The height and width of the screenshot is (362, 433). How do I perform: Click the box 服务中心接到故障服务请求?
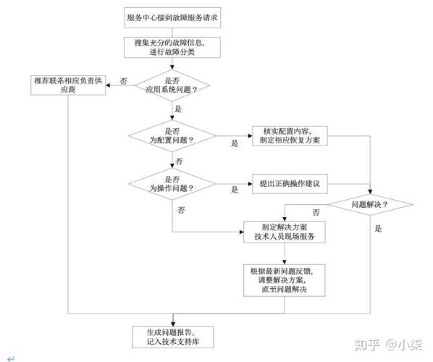click(x=172, y=17)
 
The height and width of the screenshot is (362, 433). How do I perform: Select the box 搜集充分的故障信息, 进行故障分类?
click(x=172, y=48)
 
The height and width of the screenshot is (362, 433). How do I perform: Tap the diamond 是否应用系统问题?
click(x=172, y=85)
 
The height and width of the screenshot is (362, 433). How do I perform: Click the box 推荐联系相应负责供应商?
click(x=68, y=85)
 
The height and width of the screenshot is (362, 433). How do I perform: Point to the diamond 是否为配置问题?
click(x=172, y=136)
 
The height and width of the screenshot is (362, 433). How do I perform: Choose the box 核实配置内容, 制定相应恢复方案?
click(x=290, y=136)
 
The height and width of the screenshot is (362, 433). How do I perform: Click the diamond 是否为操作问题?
click(x=172, y=184)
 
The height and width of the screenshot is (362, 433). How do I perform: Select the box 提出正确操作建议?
click(x=290, y=184)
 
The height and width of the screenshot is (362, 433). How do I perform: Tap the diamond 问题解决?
click(x=370, y=205)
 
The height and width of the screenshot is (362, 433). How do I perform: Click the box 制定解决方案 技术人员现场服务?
click(x=285, y=232)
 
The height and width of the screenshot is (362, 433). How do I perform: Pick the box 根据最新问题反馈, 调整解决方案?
click(x=284, y=280)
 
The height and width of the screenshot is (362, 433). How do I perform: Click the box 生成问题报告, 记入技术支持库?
click(x=173, y=337)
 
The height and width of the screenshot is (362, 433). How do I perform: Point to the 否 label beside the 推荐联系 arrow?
click(x=123, y=81)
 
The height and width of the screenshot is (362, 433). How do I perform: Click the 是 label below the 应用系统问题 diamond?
click(x=178, y=109)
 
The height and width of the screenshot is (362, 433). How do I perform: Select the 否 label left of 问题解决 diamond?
click(x=316, y=212)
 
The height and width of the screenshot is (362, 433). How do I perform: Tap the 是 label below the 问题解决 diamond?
click(x=378, y=228)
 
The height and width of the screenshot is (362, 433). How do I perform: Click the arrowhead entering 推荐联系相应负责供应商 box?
click(x=108, y=85)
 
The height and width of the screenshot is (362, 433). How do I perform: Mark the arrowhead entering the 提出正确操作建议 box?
click(x=251, y=184)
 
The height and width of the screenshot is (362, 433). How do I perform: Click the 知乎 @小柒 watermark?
click(x=389, y=345)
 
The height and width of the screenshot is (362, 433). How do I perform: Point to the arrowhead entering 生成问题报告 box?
click(x=173, y=324)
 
